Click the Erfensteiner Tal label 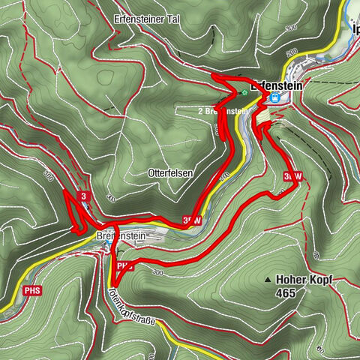[x=152, y=17]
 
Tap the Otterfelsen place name [x=170, y=172]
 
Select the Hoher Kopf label [x=304, y=279]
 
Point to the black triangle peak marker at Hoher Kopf [x=268, y=280]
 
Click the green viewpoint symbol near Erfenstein [x=244, y=92]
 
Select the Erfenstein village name [x=280, y=85]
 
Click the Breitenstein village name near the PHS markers [x=120, y=235]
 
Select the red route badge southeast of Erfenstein [x=292, y=176]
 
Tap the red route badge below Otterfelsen [x=191, y=220]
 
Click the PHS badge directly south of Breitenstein [x=125, y=265]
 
